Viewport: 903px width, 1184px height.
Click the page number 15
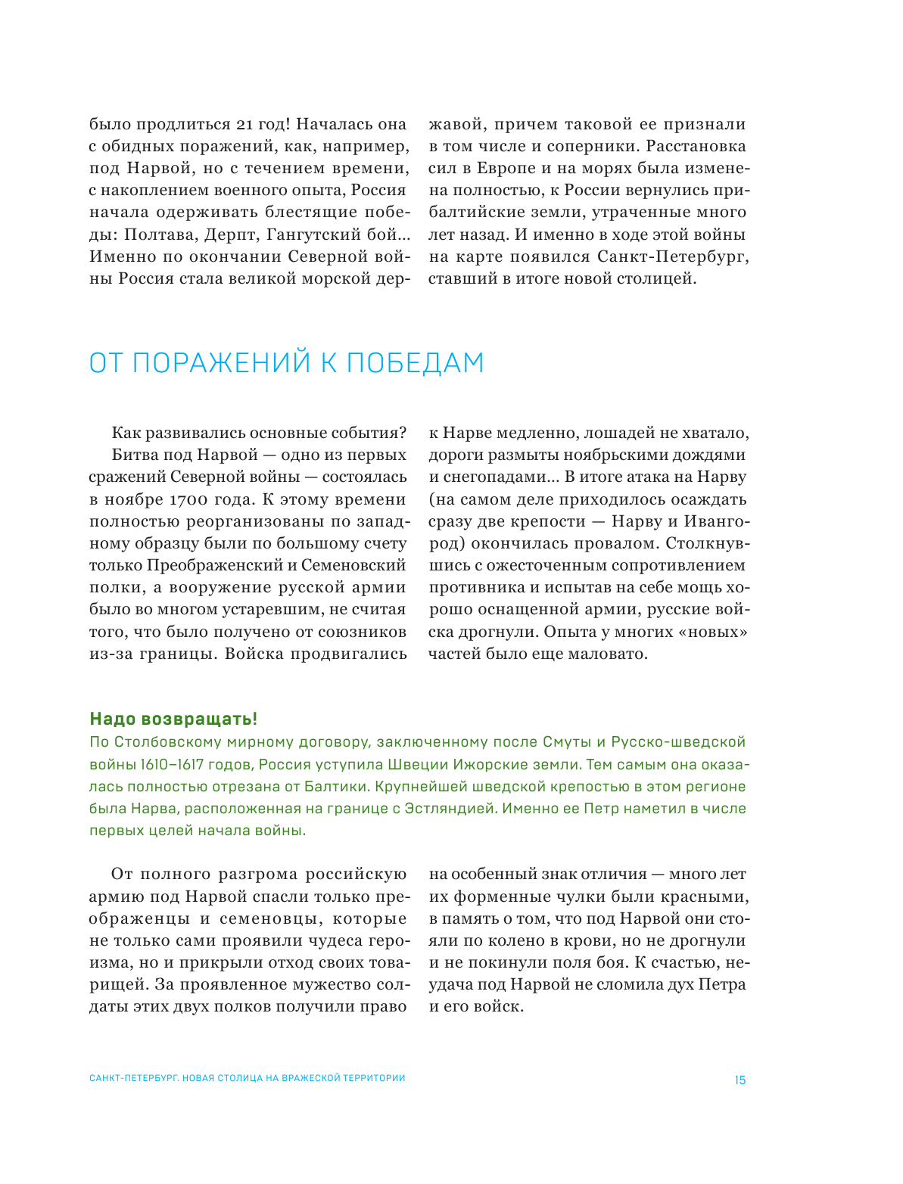pos(740,1080)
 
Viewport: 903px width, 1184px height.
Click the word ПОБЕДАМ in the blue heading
pos(415,364)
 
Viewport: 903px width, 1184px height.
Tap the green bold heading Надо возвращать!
pos(173,719)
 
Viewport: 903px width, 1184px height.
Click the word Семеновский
pos(353,565)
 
